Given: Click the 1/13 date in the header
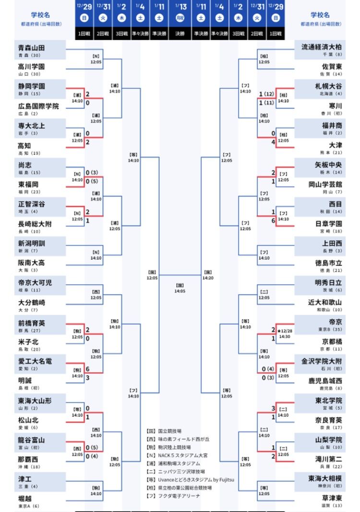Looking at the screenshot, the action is tap(180, 6).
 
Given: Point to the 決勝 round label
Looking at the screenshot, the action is tap(180, 34).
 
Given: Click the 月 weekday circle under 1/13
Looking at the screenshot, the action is tap(180, 19).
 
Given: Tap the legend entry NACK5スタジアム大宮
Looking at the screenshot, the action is tap(180, 455).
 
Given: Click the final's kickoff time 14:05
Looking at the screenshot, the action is tap(180, 291).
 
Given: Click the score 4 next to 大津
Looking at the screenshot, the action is tap(273, 143).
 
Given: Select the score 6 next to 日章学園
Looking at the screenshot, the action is tap(273, 221).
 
